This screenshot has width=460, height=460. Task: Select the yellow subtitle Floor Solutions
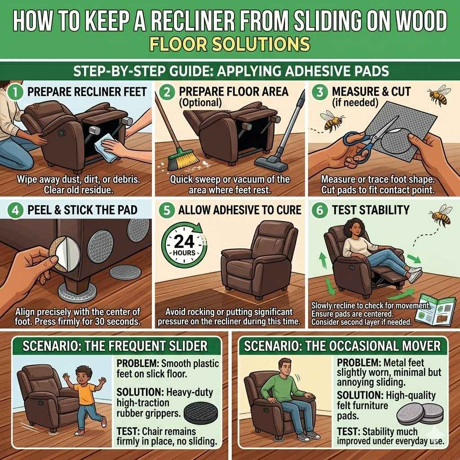230,44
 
